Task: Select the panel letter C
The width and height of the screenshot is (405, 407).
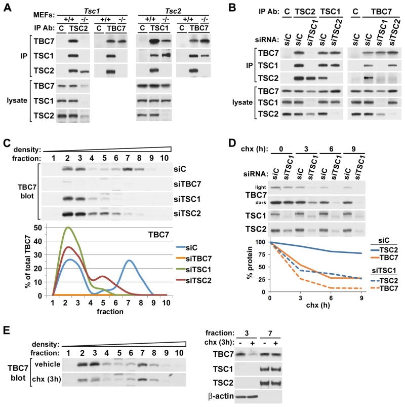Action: (x=7, y=143)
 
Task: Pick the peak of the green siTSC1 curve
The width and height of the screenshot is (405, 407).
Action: (x=67, y=228)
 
